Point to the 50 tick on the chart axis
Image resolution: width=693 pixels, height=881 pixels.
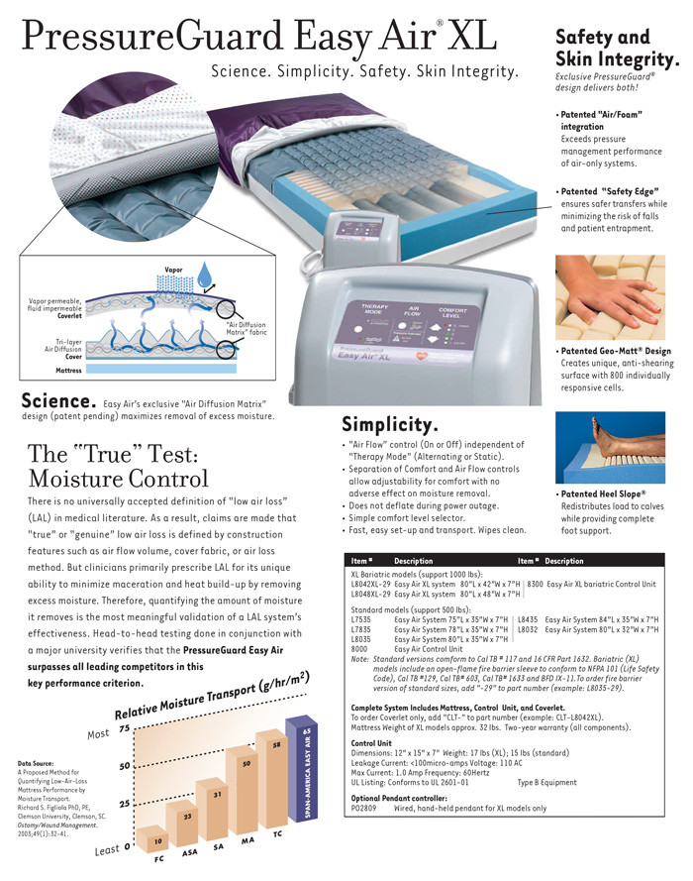(125, 767)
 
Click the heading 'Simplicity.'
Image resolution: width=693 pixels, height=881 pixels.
(390, 424)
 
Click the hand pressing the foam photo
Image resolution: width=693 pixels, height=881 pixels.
(617, 298)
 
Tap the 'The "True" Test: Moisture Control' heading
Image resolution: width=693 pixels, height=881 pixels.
(118, 467)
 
